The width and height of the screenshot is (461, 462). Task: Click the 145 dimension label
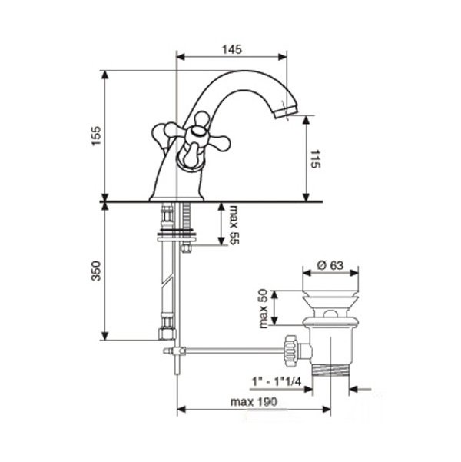point(232,49)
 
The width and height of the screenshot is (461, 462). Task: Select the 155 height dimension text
point(96,136)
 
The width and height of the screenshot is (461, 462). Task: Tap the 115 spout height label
point(315,159)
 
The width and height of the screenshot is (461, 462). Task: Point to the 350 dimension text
point(96,271)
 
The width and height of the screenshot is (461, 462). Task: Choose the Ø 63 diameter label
point(330,265)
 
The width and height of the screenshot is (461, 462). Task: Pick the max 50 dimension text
point(263,308)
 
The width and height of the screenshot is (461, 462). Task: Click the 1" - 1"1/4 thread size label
point(277,382)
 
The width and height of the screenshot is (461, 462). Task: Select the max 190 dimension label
point(254,402)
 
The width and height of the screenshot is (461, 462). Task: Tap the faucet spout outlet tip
point(287,113)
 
